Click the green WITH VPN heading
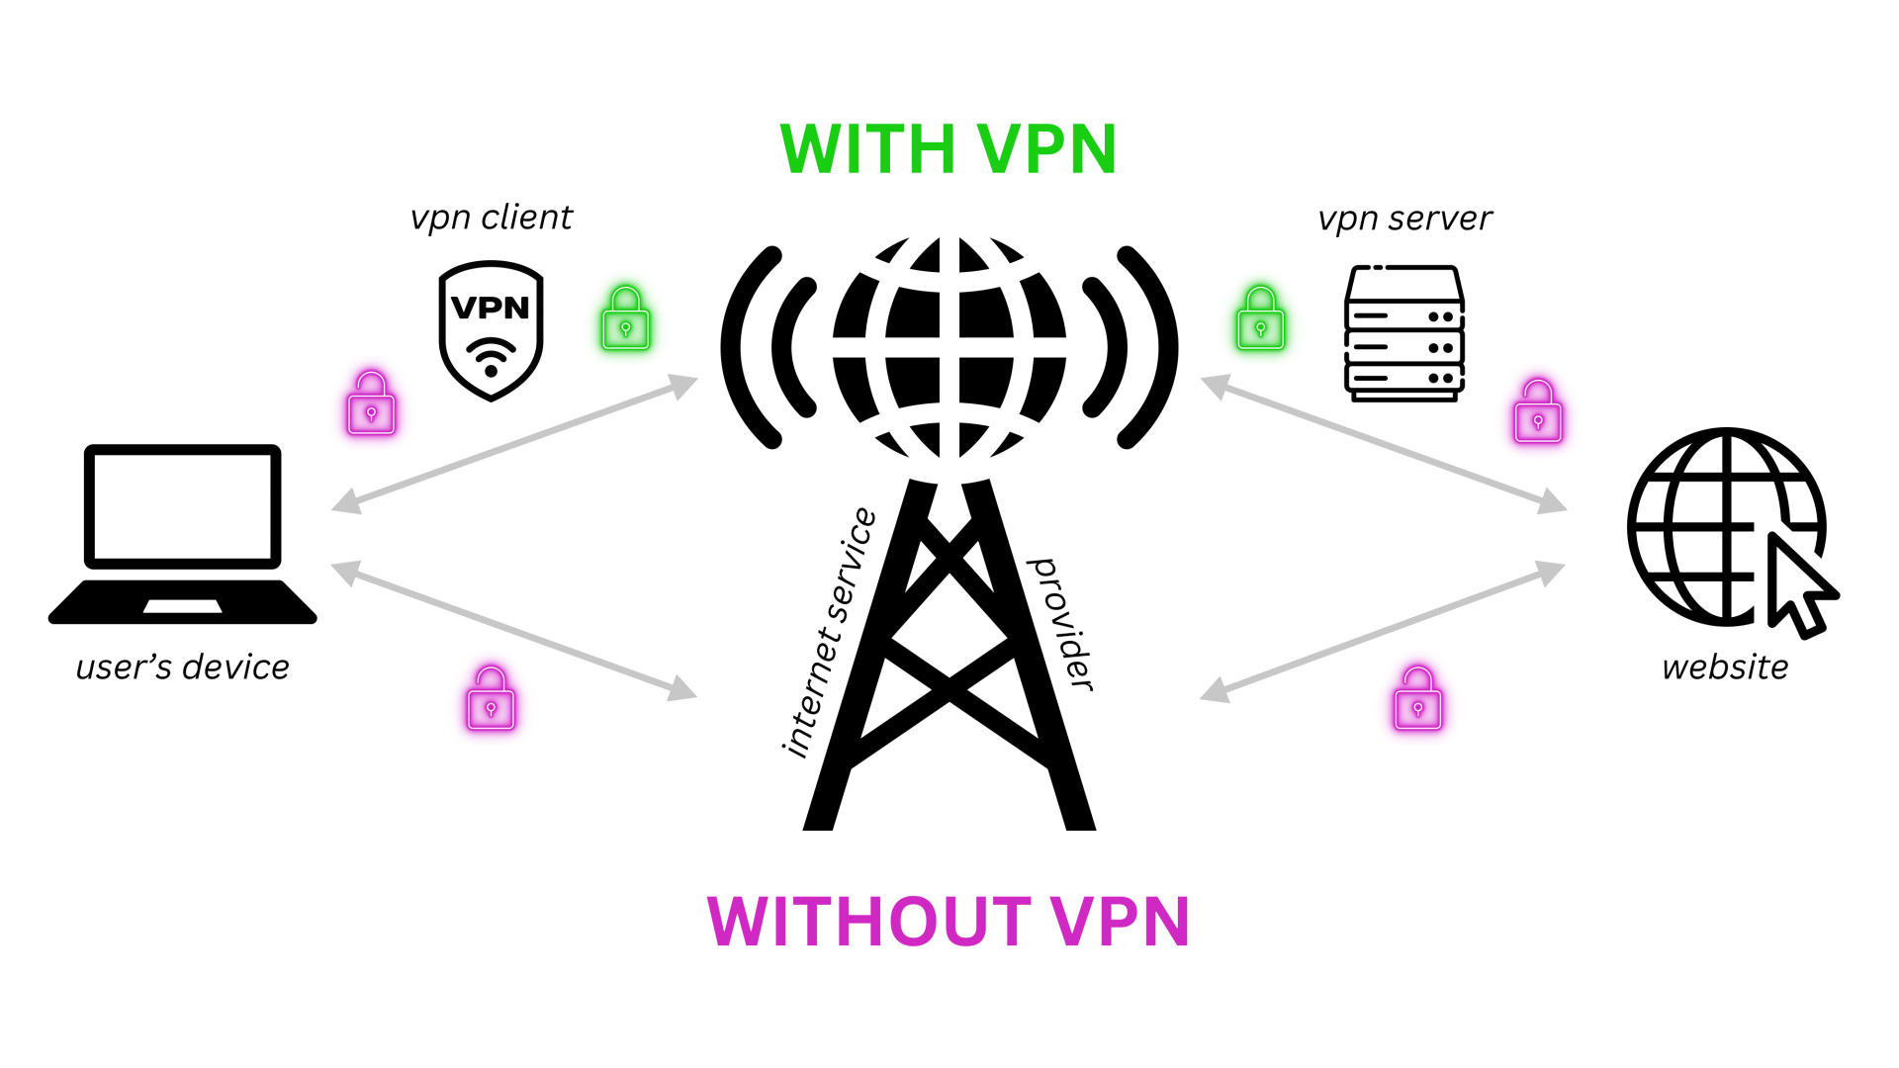(948, 150)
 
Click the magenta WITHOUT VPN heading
(948, 922)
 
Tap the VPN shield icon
(491, 330)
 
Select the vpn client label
(492, 218)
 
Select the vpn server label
(1404, 219)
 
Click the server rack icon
(1404, 333)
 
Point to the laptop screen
(183, 506)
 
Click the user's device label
(183, 667)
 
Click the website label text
(1725, 667)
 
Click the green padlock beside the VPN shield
(626, 319)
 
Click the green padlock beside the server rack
(1260, 319)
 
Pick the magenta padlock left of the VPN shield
(371, 404)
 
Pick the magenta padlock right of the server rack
(1538, 412)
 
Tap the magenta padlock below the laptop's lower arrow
(491, 699)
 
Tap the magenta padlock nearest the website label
(1417, 699)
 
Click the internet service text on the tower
(829, 633)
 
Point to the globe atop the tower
(949, 346)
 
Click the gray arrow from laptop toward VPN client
(514, 443)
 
